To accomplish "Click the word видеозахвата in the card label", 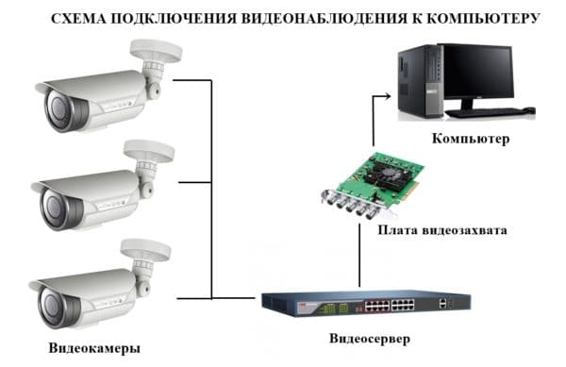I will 465,230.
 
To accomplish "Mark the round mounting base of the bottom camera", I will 149,249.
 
